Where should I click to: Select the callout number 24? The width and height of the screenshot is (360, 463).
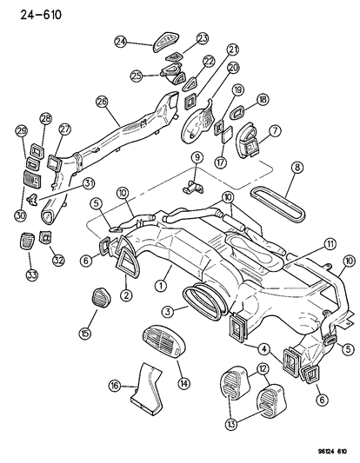120,40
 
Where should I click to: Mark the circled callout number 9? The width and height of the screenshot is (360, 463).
197,157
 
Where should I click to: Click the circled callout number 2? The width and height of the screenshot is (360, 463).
126,296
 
